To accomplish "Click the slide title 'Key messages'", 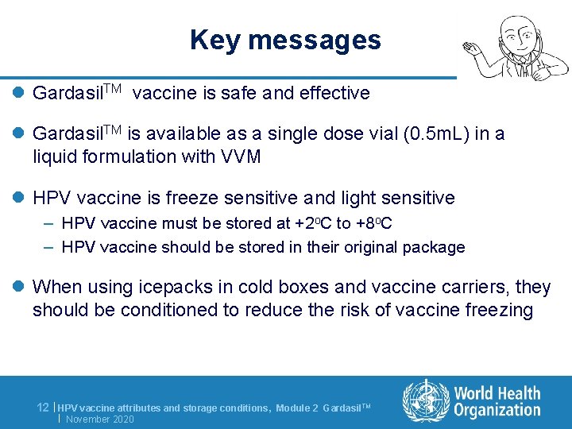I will point(285,40).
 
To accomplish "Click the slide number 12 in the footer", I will point(44,407).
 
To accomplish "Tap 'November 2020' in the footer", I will point(100,419).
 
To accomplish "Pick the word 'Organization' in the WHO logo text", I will point(497,410).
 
